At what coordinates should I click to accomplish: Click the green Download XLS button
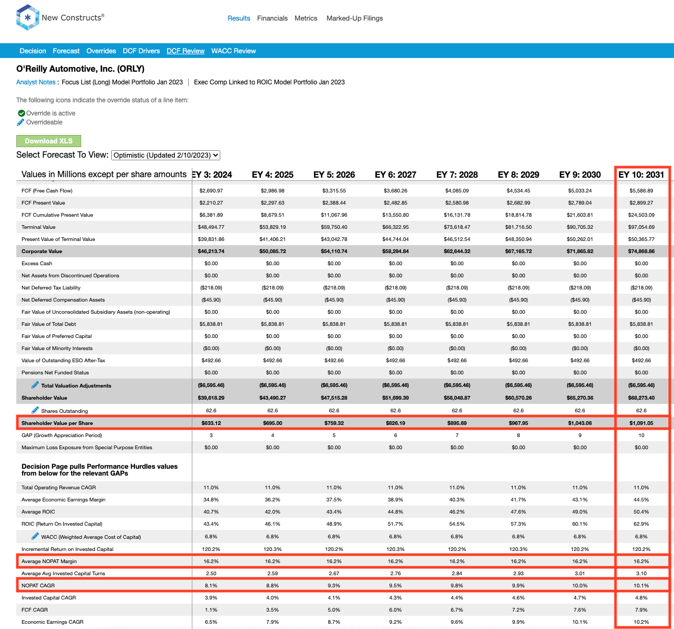(48, 141)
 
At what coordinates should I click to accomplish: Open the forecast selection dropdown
(165, 155)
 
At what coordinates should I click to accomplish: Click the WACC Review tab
(233, 51)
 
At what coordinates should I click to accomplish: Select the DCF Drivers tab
(141, 51)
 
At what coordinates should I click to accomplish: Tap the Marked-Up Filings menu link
(355, 18)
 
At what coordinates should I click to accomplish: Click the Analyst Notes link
(36, 82)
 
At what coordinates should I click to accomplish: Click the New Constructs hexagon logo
(27, 17)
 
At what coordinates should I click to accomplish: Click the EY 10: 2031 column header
(641, 175)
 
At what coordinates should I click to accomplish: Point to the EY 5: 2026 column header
(334, 175)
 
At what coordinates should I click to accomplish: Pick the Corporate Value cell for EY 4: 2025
(272, 251)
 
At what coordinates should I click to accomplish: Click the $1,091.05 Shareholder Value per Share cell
(641, 423)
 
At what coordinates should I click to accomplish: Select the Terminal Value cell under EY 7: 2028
(457, 227)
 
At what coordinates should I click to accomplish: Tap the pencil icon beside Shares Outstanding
(35, 410)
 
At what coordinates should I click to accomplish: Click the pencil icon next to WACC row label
(35, 536)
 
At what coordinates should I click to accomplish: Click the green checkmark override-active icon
(22, 113)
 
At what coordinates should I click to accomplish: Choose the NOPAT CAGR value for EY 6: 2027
(395, 586)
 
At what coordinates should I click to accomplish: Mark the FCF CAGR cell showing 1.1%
(211, 609)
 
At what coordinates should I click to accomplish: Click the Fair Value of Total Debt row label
(48, 324)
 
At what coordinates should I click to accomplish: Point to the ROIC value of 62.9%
(641, 524)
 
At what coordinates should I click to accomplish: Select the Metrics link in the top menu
(306, 18)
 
